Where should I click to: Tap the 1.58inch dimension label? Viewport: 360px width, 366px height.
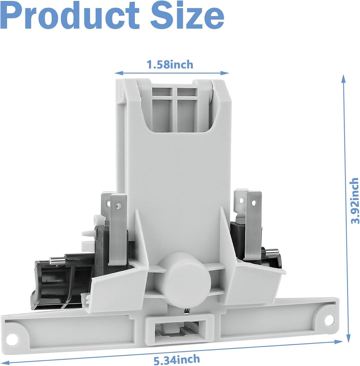click(170, 64)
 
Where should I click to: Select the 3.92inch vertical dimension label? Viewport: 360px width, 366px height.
click(355, 201)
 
